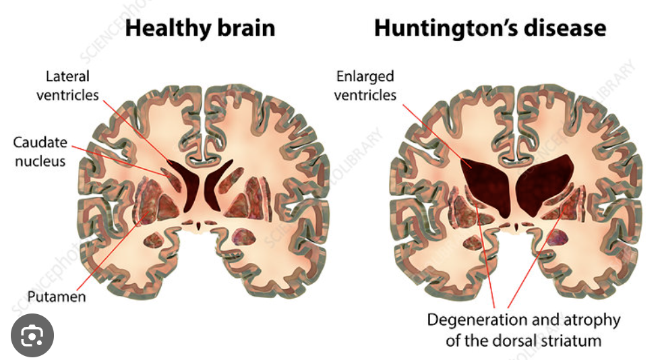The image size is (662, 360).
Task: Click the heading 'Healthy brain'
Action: pyautogui.click(x=200, y=28)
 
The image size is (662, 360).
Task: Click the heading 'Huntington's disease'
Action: pyautogui.click(x=489, y=28)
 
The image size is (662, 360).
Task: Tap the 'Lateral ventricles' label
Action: pyautogui.click(x=67, y=86)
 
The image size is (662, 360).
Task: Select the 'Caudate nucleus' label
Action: pyautogui.click(x=40, y=152)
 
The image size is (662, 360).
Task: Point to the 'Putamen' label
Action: pyautogui.click(x=57, y=296)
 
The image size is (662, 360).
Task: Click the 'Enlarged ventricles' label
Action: pyautogui.click(x=364, y=86)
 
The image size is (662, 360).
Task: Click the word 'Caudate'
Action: pyautogui.click(x=40, y=142)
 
